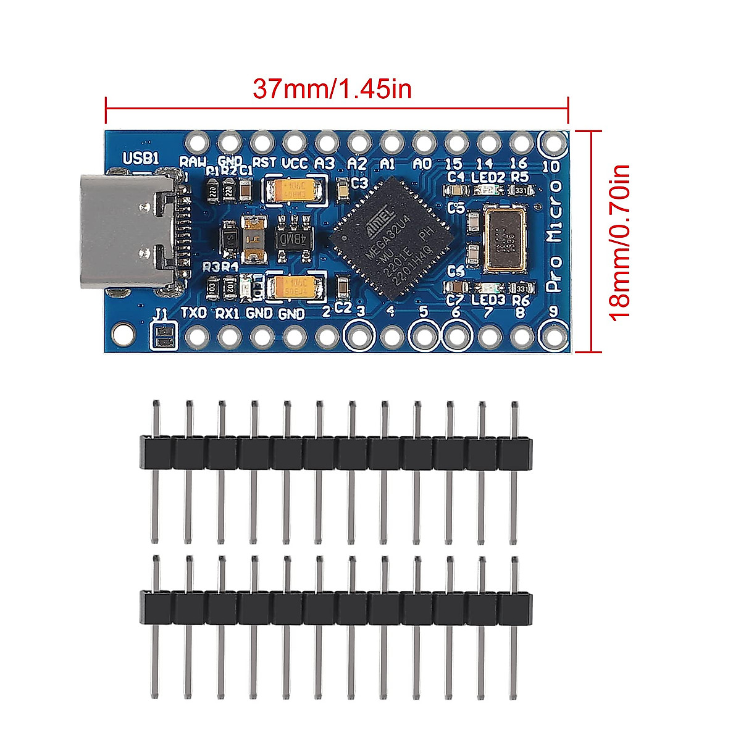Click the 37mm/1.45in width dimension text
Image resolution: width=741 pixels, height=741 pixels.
point(332,90)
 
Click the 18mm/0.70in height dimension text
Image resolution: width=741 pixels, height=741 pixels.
point(619,241)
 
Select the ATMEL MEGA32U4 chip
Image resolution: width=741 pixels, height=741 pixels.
point(390,235)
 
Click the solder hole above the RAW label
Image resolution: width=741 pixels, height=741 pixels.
point(197,143)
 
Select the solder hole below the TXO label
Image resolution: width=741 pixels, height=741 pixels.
point(197,337)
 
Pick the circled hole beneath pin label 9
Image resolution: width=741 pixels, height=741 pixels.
point(553,336)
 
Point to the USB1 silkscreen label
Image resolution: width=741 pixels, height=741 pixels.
point(141,159)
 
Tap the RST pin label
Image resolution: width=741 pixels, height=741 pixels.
point(265,162)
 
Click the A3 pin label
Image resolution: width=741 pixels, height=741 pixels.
point(325,164)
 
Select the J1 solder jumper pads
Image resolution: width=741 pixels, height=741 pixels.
point(164,338)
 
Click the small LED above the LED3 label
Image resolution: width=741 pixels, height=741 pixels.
point(488,288)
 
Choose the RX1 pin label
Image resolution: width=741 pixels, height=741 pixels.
point(227,313)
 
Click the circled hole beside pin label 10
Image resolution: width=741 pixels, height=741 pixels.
point(553,143)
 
